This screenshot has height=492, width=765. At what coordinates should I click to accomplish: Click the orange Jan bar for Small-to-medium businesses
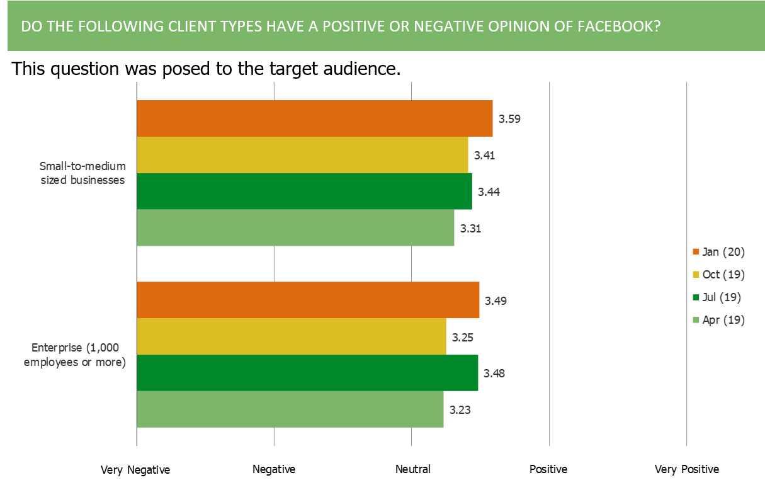[315, 118]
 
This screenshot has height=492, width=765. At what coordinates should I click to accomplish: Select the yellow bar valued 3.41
[303, 155]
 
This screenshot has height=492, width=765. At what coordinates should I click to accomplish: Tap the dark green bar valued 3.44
[305, 192]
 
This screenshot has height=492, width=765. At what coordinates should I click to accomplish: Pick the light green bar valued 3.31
[296, 228]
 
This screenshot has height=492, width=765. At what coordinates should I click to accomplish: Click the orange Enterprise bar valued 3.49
[309, 300]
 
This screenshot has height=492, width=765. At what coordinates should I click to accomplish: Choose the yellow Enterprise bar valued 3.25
[292, 337]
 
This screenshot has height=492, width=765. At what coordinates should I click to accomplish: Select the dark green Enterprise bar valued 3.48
[308, 373]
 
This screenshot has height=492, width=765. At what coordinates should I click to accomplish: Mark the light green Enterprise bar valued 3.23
[290, 409]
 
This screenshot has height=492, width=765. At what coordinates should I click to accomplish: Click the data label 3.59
[509, 118]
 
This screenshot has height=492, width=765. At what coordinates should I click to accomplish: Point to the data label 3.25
[463, 337]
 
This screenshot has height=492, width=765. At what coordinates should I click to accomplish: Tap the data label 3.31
[471, 228]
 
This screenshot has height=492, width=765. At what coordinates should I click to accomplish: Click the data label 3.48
[495, 373]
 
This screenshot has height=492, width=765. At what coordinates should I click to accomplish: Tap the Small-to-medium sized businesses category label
[82, 173]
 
